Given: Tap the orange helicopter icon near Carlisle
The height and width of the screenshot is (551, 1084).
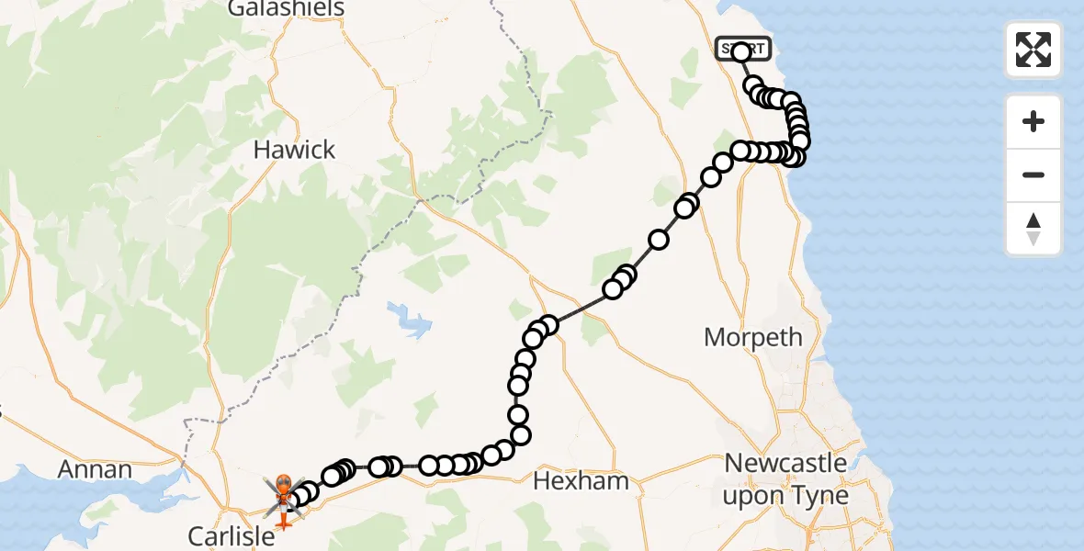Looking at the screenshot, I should click(284, 487).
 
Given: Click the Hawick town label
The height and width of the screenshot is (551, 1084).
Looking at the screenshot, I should click(294, 150).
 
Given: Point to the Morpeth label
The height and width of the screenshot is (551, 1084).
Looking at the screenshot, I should click(752, 337).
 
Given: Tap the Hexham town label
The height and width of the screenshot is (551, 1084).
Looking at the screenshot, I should click(581, 480).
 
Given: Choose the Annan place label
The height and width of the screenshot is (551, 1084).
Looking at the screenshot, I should click(95, 469).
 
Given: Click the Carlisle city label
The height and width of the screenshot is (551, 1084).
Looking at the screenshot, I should click(231, 535).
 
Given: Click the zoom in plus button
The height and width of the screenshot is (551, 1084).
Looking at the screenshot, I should click(1033, 122).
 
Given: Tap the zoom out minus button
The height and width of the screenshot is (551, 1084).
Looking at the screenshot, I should click(1033, 174).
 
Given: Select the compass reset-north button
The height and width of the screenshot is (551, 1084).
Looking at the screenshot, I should click(1033, 228).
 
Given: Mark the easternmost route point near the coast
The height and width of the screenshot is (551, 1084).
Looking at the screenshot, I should click(800, 141).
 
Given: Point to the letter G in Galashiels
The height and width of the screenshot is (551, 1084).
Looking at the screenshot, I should click(234, 9).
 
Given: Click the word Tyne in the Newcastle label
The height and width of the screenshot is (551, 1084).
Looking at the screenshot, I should click(823, 497).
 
